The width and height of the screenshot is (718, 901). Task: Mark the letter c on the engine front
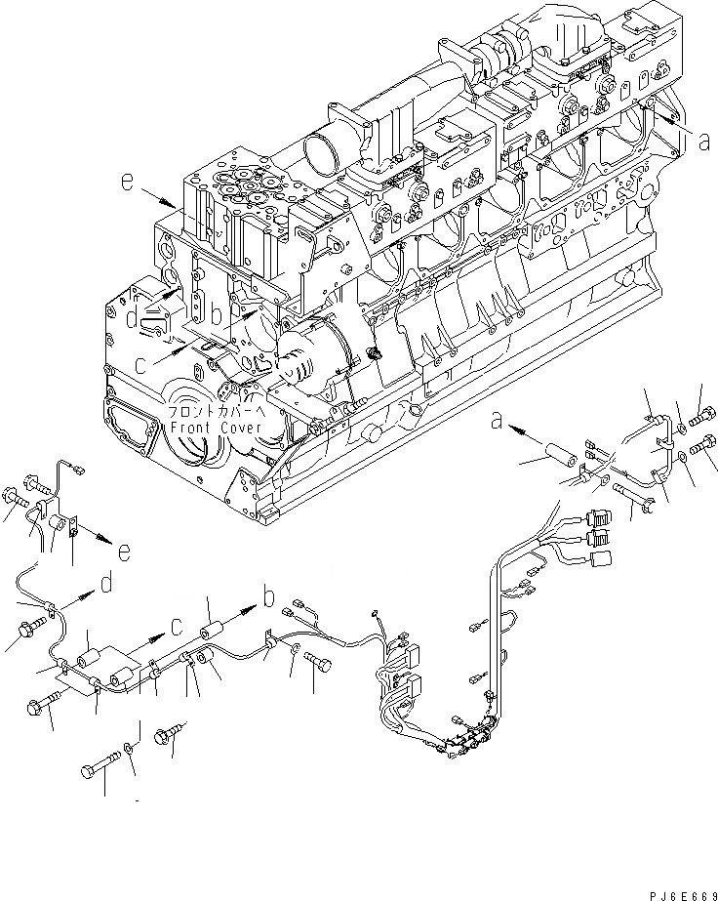(143, 366)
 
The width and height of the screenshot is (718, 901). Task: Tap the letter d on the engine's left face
(132, 319)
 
